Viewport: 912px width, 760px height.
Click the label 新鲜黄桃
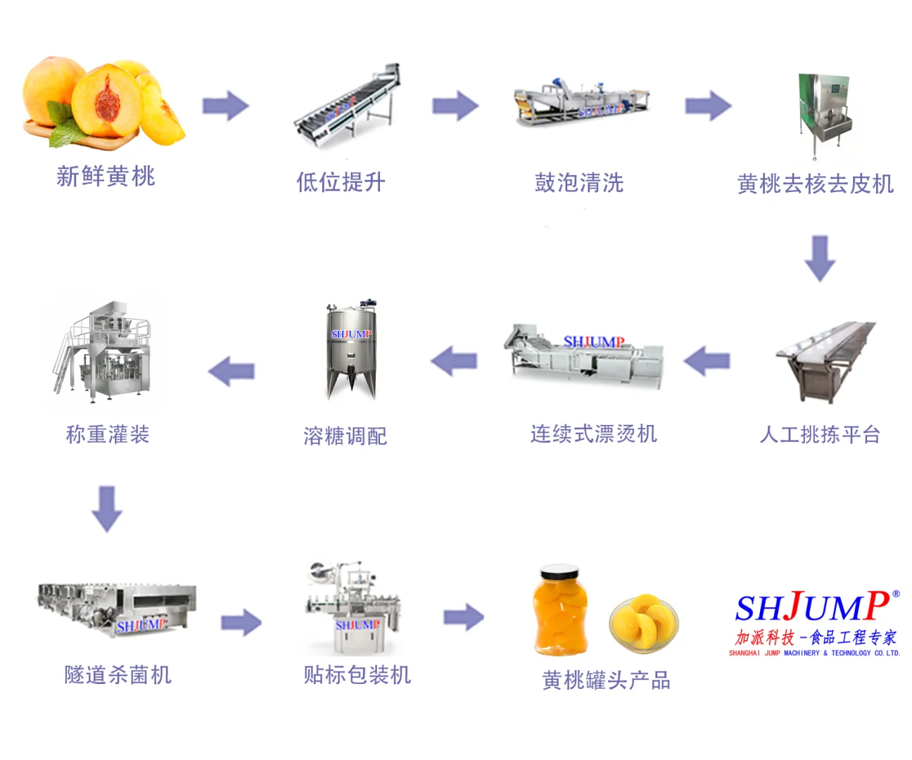click(106, 176)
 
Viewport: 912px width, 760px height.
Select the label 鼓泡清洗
click(579, 183)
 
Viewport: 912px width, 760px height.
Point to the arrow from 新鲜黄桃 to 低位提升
click(225, 106)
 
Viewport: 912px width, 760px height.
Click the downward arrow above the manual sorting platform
click(819, 258)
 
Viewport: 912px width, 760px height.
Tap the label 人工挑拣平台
click(820, 434)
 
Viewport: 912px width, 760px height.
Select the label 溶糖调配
click(345, 436)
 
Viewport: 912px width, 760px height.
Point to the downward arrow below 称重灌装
click(107, 508)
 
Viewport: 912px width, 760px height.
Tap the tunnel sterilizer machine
click(116, 609)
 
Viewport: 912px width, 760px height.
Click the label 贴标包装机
click(357, 675)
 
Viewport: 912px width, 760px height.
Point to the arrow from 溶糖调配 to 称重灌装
click(232, 370)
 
